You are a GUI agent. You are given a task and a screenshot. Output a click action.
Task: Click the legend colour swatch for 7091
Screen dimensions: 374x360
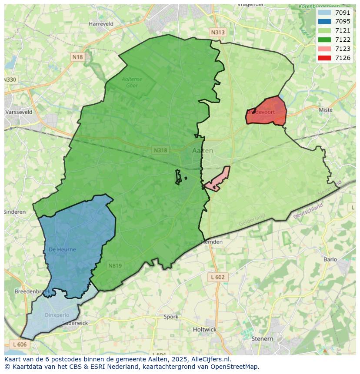[324, 13]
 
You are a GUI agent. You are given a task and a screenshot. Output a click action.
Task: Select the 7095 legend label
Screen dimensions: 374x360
[343, 21]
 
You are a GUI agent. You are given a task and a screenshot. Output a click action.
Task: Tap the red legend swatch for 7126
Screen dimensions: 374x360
[324, 58]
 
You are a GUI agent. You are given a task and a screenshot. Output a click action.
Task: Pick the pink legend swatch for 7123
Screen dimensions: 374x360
[324, 49]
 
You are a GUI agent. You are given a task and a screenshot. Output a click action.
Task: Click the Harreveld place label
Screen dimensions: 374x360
[101, 24]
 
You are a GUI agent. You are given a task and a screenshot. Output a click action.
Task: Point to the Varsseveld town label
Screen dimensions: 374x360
[19, 112]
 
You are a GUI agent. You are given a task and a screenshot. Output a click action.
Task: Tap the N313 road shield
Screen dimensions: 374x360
[218, 33]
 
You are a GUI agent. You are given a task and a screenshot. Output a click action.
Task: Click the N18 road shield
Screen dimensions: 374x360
[77, 57]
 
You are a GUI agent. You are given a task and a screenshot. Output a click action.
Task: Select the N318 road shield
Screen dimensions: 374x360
[160, 150]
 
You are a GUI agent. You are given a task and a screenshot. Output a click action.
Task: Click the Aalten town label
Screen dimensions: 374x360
[203, 151]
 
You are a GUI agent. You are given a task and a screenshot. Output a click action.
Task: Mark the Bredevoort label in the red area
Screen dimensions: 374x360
[261, 112]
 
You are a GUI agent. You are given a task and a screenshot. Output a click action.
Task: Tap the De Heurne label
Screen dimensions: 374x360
[62, 250]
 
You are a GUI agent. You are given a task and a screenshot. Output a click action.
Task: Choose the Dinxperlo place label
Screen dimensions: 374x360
[57, 315]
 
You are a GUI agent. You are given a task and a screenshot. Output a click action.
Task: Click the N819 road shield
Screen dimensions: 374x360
[115, 266]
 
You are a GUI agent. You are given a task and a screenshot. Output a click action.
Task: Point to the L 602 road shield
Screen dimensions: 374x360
[218, 277]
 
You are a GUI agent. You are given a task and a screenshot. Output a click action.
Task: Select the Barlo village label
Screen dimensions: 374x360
[330, 260]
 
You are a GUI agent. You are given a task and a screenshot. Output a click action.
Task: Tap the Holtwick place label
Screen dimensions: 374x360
[204, 329]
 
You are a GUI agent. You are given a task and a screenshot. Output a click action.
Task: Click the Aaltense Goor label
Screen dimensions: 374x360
[132, 82]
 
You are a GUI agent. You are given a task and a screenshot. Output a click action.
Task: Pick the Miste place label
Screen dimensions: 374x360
[325, 110]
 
